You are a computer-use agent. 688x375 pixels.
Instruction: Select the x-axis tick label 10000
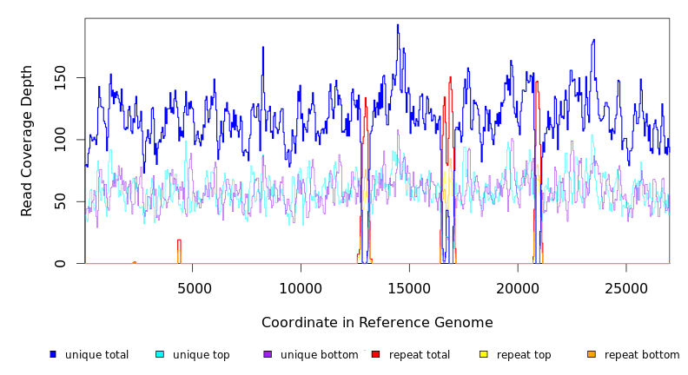point(301,288)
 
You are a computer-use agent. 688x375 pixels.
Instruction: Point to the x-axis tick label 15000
point(409,288)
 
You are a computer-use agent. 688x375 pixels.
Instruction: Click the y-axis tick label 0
point(59,264)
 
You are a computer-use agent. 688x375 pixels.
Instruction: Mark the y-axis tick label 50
point(59,201)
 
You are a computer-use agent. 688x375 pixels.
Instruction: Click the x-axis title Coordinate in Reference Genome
point(377,323)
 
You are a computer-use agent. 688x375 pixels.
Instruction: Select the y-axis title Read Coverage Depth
point(28,140)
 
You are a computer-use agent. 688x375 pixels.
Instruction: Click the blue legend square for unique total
point(53,354)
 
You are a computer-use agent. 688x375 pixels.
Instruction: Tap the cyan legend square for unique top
point(159,354)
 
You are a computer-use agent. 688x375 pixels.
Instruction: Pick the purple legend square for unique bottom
point(268,354)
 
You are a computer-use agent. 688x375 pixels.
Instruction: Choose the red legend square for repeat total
point(375,354)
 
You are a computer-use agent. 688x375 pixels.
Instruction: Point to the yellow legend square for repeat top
point(483,354)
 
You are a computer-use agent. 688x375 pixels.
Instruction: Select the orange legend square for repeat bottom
point(592,354)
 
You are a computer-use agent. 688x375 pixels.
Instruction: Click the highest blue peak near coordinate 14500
point(398,26)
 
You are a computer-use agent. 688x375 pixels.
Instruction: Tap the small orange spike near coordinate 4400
point(179,241)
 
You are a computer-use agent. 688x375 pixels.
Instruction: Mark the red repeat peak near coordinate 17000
point(450,79)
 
